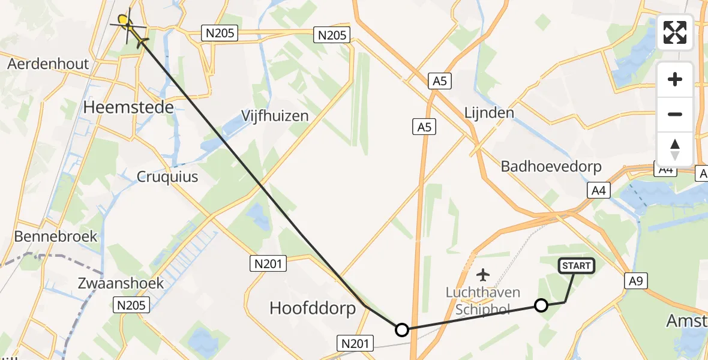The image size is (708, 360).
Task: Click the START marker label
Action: click(x=577, y=265)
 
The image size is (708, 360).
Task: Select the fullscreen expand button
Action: click(x=675, y=32)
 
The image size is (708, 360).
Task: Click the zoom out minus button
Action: click(x=675, y=114)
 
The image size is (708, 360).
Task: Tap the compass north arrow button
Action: click(x=675, y=149)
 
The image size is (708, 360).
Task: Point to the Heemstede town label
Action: click(x=129, y=108)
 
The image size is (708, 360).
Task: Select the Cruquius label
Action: click(x=167, y=177)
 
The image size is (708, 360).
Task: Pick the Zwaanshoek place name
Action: click(x=121, y=283)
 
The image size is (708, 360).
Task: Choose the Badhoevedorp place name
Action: click(x=551, y=166)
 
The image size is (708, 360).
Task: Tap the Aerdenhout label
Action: click(x=48, y=64)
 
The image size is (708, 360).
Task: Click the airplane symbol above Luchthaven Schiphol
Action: click(x=482, y=275)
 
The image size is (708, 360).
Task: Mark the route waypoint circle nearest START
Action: click(x=541, y=306)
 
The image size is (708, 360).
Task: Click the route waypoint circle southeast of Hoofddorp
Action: click(x=402, y=329)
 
